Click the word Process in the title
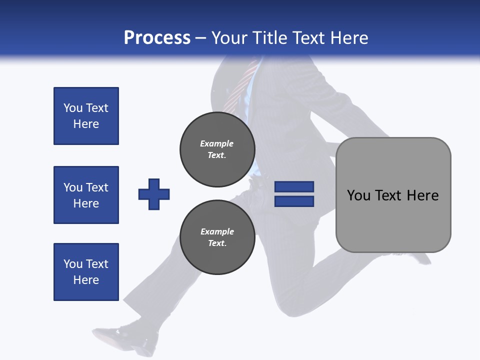tap(157, 37)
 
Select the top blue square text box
tap(86, 116)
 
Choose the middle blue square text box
tap(86, 195)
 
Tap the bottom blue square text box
tap(86, 272)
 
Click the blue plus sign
tap(154, 194)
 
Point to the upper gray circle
tap(217, 149)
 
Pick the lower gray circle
tap(217, 237)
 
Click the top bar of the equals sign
tap(294, 186)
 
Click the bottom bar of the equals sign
tap(294, 201)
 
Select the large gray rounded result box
tap(393, 195)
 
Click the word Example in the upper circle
tap(216, 143)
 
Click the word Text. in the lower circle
tap(216, 243)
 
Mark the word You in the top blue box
tap(72, 108)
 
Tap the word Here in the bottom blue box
tap(86, 280)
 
